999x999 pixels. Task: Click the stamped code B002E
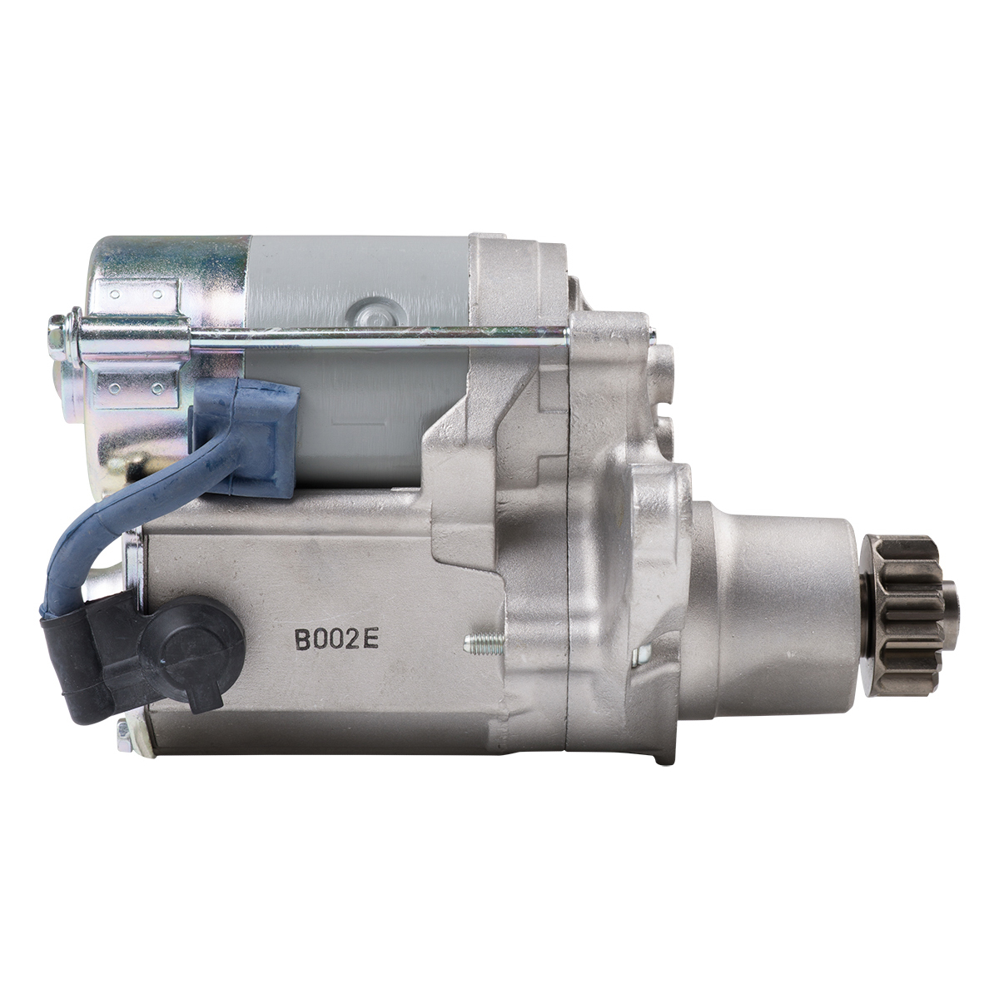(x=336, y=639)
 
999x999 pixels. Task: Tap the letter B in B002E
(x=302, y=639)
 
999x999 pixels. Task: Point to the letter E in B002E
(x=371, y=639)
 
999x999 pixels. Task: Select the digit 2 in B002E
(x=354, y=639)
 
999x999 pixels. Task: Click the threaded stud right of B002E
(x=484, y=644)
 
